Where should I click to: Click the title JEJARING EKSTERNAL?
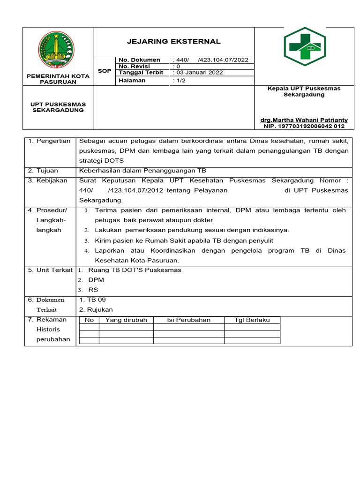pos(173,42)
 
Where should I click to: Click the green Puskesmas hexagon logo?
pos(304,47)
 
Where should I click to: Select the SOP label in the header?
pos(104,71)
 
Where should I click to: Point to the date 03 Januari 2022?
pos(198,73)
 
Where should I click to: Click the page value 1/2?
pos(179,81)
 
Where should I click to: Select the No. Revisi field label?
pos(135,67)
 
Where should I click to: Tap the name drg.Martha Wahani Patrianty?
pos(304,120)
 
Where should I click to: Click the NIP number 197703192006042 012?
pos(304,126)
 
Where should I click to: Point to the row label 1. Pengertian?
pos(49,141)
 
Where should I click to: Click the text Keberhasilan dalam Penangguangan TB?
pos(142,171)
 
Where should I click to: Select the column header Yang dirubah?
pos(126,320)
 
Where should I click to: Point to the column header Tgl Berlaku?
pos(252,320)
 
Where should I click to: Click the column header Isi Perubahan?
pos(188,320)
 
